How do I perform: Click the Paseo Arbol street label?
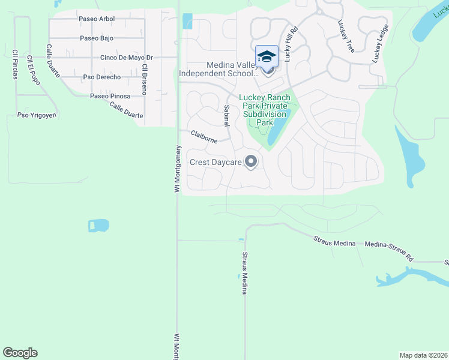pyautogui.click(x=96, y=19)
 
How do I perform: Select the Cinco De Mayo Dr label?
pyautogui.click(x=127, y=58)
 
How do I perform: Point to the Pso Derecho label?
pyautogui.click(x=102, y=77)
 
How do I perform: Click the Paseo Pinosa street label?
pyautogui.click(x=110, y=96)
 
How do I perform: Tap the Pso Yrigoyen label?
pyautogui.click(x=37, y=115)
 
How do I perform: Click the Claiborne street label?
pyautogui.click(x=203, y=137)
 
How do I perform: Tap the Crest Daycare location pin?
pyautogui.click(x=252, y=162)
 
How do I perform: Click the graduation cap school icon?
pyautogui.click(x=267, y=57)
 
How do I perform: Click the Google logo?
pyautogui.click(x=20, y=353)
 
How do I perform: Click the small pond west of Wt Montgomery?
pyautogui.click(x=98, y=226)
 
